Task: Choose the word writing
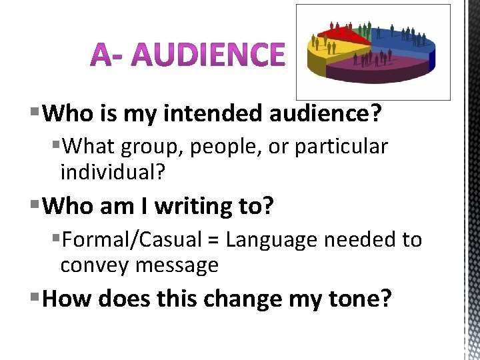[x=194, y=207]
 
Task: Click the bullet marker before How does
[x=35, y=298]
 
